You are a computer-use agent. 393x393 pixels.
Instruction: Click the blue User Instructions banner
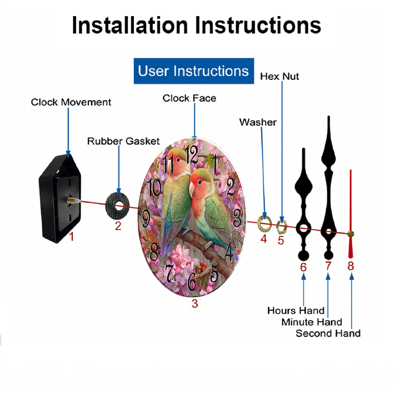(194, 71)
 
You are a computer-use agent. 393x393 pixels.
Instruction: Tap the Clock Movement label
(71, 102)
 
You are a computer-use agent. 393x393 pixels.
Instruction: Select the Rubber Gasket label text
(123, 141)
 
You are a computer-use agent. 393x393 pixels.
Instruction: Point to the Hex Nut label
(279, 77)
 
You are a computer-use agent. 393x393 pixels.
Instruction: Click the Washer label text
(258, 122)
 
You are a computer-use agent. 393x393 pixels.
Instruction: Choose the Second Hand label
(328, 333)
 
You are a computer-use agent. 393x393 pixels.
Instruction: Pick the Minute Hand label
(312, 322)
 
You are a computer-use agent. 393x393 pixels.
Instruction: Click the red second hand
(351, 214)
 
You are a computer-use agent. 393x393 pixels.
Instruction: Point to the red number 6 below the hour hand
(303, 267)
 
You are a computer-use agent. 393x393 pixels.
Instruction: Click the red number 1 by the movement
(72, 237)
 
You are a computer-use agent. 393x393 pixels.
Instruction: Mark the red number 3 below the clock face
(195, 303)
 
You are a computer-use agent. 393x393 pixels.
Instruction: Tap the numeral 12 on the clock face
(191, 154)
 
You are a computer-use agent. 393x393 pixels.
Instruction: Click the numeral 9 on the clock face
(146, 218)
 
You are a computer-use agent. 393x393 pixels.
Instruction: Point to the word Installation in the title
(130, 25)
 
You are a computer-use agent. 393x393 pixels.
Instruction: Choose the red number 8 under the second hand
(351, 266)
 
